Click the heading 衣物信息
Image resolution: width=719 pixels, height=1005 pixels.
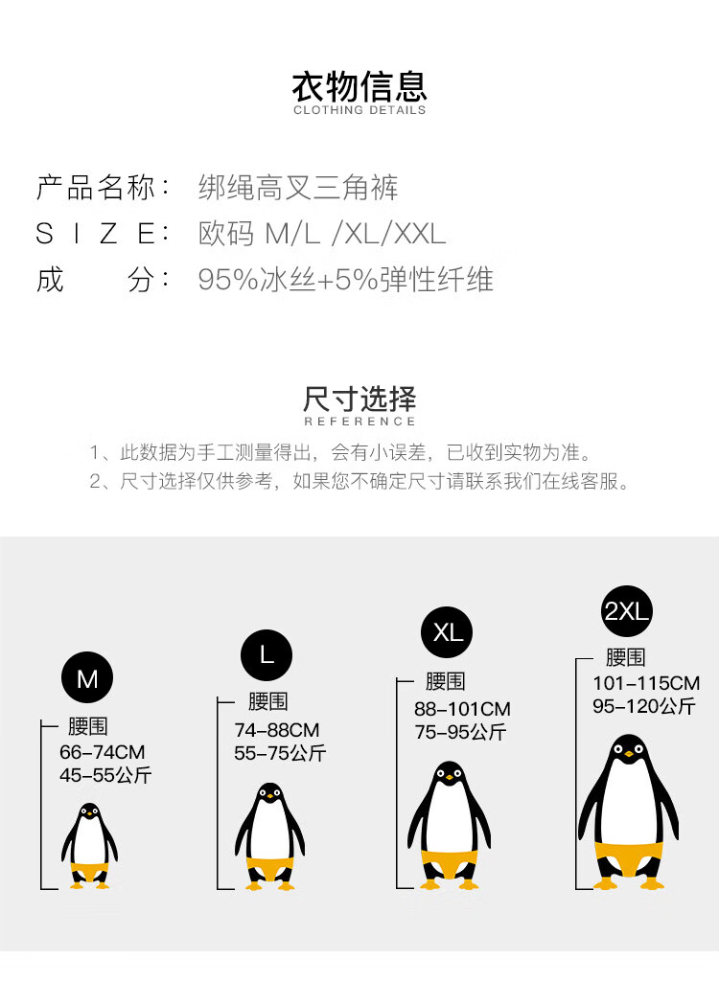pyautogui.click(x=359, y=85)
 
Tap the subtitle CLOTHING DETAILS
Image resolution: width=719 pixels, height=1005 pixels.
pyautogui.click(x=359, y=110)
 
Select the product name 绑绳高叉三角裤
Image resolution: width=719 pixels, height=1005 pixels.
pyautogui.click(x=297, y=187)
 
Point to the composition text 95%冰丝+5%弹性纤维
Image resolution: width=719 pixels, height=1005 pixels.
pyautogui.click(x=345, y=280)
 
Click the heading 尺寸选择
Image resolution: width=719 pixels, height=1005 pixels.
pyautogui.click(x=359, y=399)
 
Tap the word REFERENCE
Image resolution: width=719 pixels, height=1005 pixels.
pyautogui.click(x=359, y=422)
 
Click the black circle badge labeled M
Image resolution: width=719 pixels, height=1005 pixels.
pyautogui.click(x=87, y=678)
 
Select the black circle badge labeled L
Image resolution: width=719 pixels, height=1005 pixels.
pyautogui.click(x=266, y=654)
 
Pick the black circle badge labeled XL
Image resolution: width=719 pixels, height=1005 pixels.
pyautogui.click(x=447, y=632)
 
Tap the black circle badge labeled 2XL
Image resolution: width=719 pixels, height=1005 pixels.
pyautogui.click(x=627, y=610)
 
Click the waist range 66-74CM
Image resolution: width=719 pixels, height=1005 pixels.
pyautogui.click(x=102, y=752)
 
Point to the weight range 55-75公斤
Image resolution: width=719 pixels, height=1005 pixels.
pyautogui.click(x=280, y=753)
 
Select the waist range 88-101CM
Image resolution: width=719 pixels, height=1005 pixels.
pyautogui.click(x=462, y=709)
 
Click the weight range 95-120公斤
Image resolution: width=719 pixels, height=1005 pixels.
pyautogui.click(x=643, y=706)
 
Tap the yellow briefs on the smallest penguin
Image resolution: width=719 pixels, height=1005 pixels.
pyautogui.click(x=89, y=872)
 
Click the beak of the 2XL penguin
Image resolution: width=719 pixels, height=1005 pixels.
pyautogui.click(x=628, y=755)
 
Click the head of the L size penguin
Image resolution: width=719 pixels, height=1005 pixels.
pyautogui.click(x=269, y=794)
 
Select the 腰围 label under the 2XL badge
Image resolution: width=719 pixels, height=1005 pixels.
pyautogui.click(x=625, y=657)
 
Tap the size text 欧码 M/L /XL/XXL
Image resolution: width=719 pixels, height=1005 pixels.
pyautogui.click(x=322, y=234)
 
